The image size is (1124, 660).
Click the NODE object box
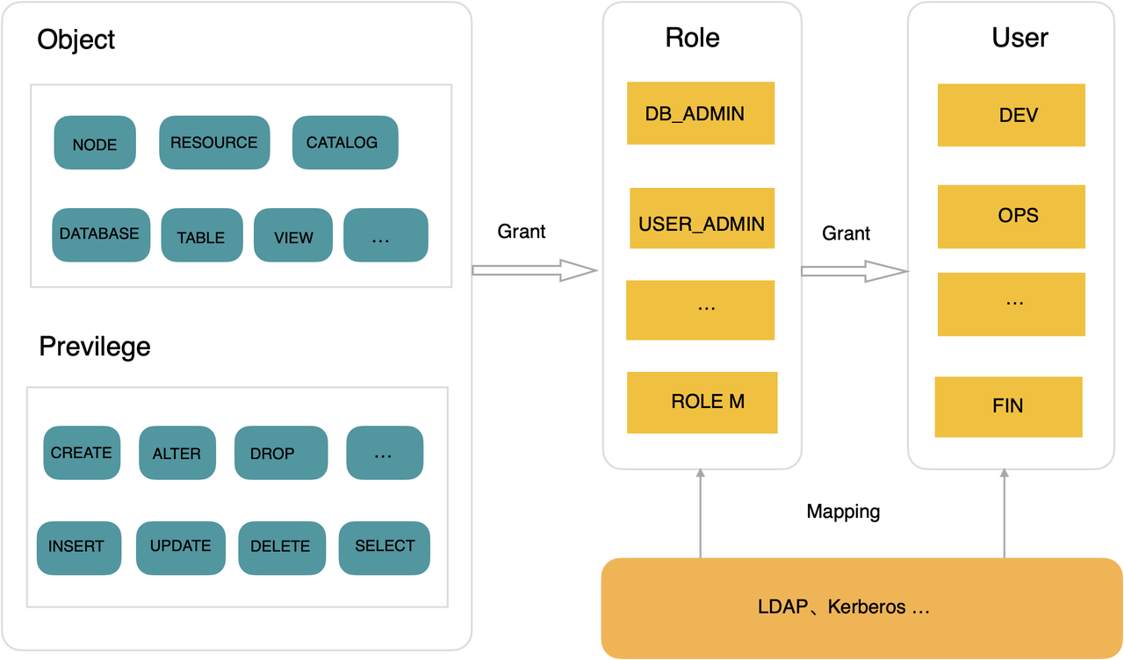click(95, 142)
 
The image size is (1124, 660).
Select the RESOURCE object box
click(214, 142)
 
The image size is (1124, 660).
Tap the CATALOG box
click(345, 142)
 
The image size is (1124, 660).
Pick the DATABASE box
click(101, 234)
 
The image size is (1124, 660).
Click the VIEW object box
click(293, 234)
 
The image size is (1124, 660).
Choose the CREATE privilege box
click(82, 452)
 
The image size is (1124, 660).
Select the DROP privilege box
click(281, 452)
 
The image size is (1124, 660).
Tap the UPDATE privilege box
click(181, 548)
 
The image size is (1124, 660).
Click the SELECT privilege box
click(385, 548)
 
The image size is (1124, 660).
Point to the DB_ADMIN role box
click(701, 113)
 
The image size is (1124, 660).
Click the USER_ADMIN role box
click(702, 219)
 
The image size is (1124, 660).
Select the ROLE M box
click(702, 402)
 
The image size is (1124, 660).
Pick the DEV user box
click(1011, 115)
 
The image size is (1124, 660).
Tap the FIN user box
click(1008, 406)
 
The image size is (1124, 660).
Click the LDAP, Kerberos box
click(861, 608)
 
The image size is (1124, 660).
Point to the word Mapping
click(843, 512)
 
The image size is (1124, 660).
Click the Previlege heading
click(95, 347)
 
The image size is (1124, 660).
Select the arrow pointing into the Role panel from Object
click(535, 270)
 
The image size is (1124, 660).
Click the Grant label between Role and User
click(846, 233)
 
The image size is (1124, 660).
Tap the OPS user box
click(1011, 217)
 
